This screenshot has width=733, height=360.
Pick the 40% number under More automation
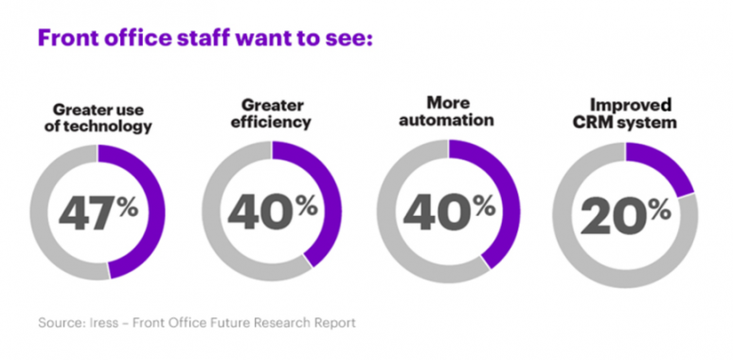(446, 210)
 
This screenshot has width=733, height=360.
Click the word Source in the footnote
(60, 323)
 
